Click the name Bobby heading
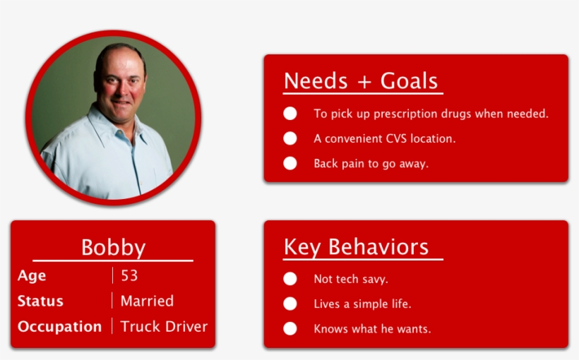coord(113,248)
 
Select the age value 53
coord(129,275)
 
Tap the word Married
coord(147,301)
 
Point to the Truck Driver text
coord(164,326)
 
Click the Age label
coord(32,275)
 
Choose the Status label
coord(40,301)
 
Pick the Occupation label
coord(59,327)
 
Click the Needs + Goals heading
coord(361,81)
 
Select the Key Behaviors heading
coord(356,247)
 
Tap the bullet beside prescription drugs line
coord(290,113)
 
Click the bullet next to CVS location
coord(290,138)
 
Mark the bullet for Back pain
coord(290,164)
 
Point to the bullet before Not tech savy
coord(290,279)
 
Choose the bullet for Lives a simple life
coord(290,304)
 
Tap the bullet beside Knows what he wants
coord(290,328)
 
